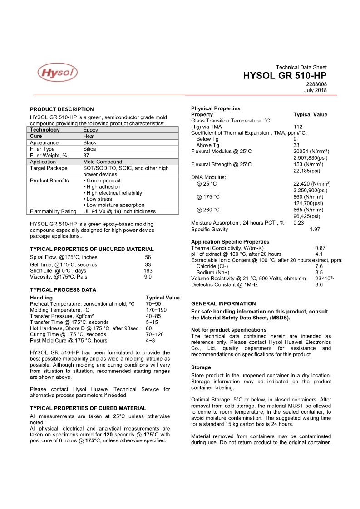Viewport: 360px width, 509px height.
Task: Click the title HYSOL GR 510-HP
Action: click(285, 76)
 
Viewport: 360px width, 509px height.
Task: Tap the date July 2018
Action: click(315, 90)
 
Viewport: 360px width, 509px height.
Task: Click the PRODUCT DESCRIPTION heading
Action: click(62, 109)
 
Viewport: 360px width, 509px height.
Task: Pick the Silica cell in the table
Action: click(89, 149)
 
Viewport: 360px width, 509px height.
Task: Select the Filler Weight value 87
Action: click(86, 155)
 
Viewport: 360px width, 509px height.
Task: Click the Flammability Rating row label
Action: click(53, 211)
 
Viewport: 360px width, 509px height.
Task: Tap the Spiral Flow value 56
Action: click(148, 257)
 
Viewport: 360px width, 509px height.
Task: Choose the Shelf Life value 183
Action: click(148, 270)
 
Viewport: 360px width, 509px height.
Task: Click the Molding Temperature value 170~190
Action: click(156, 310)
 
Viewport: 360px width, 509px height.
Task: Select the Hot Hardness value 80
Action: click(149, 328)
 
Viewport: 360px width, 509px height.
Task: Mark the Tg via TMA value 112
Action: click(298, 127)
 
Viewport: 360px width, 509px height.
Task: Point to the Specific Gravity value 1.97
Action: click(315, 230)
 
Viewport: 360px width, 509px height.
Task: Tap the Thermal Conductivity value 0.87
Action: click(320, 248)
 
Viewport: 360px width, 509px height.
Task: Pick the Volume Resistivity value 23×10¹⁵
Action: click(325, 278)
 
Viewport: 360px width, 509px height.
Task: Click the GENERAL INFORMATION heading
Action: click(223, 303)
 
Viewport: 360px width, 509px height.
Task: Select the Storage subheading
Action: click(201, 367)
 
